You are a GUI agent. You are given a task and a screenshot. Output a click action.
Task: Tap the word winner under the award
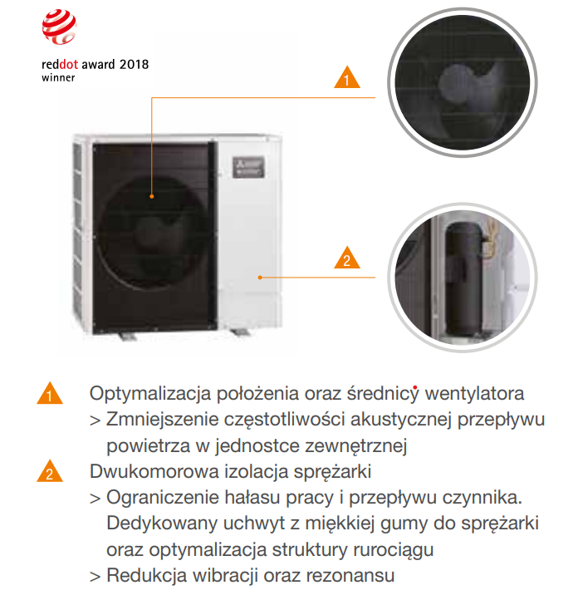click(59, 77)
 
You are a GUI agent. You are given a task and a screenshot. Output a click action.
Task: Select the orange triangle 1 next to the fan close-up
click(347, 79)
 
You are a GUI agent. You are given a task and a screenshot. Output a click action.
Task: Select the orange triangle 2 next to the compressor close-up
click(347, 259)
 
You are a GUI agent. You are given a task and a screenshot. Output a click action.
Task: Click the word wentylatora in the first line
click(474, 392)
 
